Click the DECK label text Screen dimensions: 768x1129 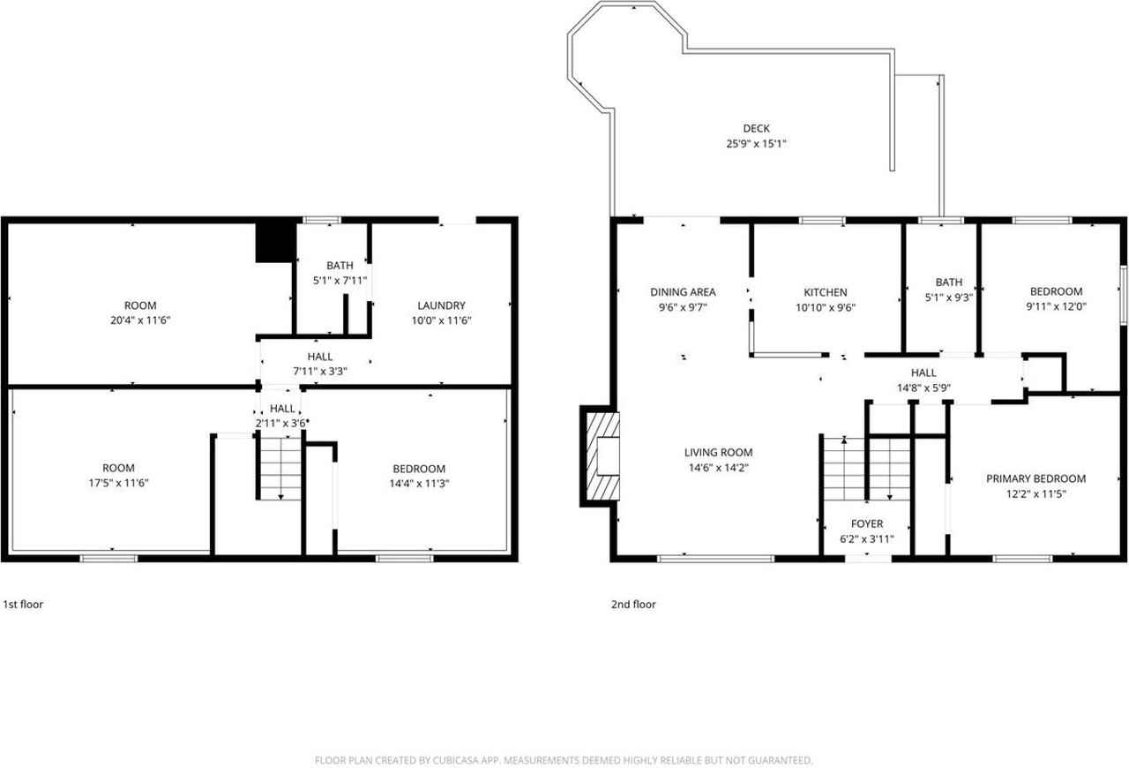[x=755, y=129]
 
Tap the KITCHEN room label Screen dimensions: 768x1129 [x=825, y=292]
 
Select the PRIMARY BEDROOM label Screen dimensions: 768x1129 [x=1036, y=478]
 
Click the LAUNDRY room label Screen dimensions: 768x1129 [x=441, y=305]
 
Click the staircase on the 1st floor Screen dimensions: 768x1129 [x=280, y=469]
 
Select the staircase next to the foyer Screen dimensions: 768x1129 [x=865, y=468]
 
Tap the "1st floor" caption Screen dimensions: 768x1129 [x=23, y=605]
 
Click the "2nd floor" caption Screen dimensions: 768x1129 [x=633, y=605]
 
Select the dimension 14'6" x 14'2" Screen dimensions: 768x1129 [x=718, y=468]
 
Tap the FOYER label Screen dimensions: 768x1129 [x=867, y=523]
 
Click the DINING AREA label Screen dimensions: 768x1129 [x=683, y=292]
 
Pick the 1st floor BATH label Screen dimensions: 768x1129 [x=340, y=266]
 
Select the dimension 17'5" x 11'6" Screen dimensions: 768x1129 [x=117, y=483]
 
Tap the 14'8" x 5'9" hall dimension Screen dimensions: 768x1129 [x=923, y=388]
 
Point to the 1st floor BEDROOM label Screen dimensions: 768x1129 [x=419, y=469]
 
